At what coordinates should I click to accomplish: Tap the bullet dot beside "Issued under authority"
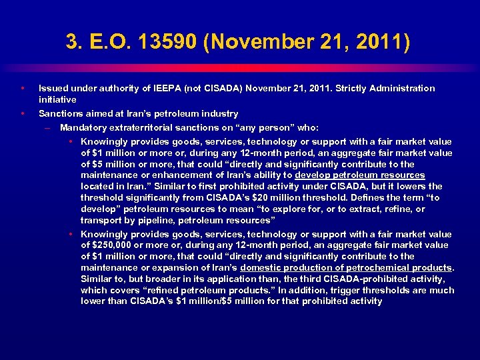point(22,88)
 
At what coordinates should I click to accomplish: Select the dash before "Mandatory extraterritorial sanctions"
point(48,127)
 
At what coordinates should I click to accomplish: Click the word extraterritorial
point(144,127)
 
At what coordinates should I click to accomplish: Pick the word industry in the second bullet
point(219,113)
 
